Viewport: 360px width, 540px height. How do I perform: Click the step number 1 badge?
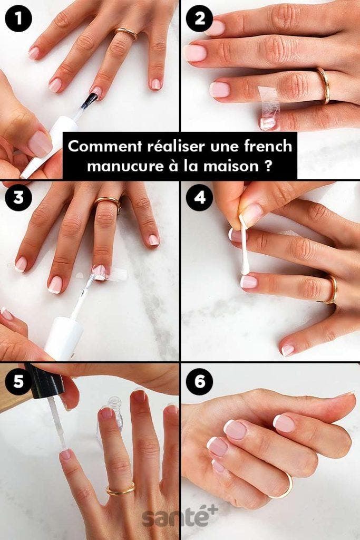18,18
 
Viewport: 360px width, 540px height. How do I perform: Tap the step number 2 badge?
200,18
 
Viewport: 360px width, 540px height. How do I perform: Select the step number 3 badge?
18,198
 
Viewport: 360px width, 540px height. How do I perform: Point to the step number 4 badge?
200,198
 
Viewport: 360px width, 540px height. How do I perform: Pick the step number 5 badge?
18,382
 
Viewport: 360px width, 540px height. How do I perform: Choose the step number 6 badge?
200,382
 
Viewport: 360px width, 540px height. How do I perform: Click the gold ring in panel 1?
126,33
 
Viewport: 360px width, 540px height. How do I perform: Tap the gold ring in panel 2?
324,85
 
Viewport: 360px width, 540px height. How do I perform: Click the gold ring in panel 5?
121,490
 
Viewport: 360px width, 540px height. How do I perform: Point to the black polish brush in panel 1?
89,100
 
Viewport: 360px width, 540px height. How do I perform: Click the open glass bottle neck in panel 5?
115,403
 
